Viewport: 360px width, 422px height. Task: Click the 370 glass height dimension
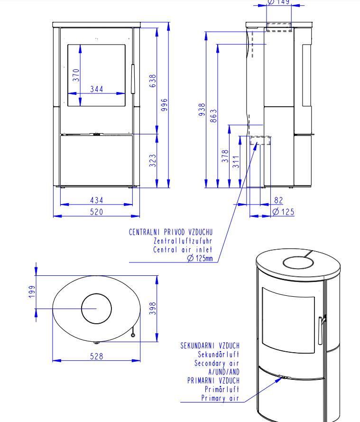tap(76, 75)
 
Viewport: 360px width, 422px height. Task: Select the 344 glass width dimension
tap(96, 89)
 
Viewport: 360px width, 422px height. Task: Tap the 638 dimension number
tap(153, 81)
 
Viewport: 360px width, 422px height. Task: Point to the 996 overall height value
tap(164, 105)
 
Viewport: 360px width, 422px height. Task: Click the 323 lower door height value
tap(153, 160)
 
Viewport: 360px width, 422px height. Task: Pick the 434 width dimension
tap(96, 200)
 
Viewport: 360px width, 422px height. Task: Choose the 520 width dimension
tap(96, 212)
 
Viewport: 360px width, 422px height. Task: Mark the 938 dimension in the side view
tap(202, 110)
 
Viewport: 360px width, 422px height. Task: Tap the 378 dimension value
tap(225, 156)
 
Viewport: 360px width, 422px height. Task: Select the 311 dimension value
tap(236, 161)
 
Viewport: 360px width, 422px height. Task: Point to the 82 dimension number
tap(278, 201)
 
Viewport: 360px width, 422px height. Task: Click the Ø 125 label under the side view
tap(283, 212)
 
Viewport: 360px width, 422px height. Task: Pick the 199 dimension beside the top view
tap(32, 292)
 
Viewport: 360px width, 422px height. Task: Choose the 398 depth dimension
tap(153, 309)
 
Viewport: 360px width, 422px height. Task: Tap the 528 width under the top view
tap(96, 356)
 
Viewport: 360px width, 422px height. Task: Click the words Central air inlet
tap(183, 250)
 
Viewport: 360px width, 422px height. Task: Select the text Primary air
tap(220, 398)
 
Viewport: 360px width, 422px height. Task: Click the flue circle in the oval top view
tap(96, 309)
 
